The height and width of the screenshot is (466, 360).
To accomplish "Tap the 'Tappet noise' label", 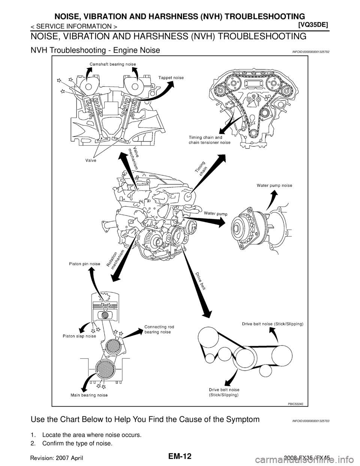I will pos(171,78).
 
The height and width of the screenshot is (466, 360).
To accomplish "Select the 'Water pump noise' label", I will pos(274,185).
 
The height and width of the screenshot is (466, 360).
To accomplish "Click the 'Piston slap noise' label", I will pos(79,336).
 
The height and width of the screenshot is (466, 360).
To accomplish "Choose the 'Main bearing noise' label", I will pos(89,395).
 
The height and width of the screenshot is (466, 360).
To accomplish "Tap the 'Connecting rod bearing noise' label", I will pos(159,329).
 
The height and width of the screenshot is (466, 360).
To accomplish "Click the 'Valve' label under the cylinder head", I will pos(90,160).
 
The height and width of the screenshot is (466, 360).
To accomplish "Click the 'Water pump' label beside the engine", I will pos(216,213).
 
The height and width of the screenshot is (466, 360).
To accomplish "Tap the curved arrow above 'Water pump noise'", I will pos(273,198).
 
